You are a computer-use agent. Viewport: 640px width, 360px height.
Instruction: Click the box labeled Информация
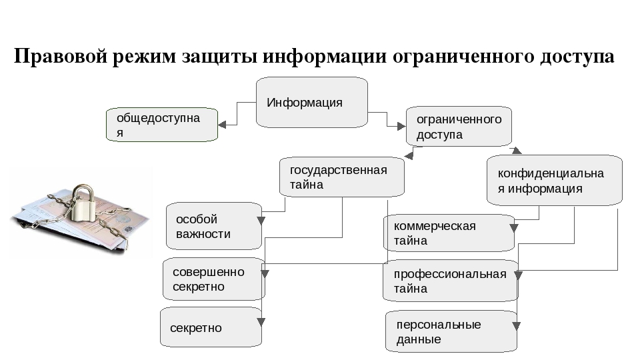pyautogui.click(x=311, y=102)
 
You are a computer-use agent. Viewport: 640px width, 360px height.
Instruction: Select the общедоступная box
pyautogui.click(x=162, y=125)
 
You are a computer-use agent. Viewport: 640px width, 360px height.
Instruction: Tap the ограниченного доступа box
pyautogui.click(x=459, y=126)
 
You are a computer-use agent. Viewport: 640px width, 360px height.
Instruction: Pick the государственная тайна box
pyautogui.click(x=342, y=177)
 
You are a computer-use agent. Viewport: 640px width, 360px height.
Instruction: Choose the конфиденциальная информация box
pyautogui.click(x=554, y=181)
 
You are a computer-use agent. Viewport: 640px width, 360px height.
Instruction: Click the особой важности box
pyautogui.click(x=213, y=226)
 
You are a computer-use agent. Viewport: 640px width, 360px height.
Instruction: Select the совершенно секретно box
pyautogui.click(x=213, y=279)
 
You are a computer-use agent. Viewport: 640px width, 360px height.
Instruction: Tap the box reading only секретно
pyautogui.click(x=210, y=327)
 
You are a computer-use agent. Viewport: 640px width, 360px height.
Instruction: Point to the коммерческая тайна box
pyautogui.click(x=449, y=233)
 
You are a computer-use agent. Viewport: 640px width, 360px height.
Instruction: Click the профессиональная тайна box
pyautogui.click(x=450, y=281)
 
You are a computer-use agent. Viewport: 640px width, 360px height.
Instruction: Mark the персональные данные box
pyautogui.click(x=451, y=331)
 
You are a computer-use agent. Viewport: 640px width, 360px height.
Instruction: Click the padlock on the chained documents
pyautogui.click(x=84, y=203)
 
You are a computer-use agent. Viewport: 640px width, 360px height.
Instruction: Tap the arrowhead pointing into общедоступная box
pyautogui.click(x=223, y=124)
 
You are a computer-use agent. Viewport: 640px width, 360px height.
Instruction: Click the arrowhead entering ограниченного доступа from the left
pyautogui.click(x=401, y=125)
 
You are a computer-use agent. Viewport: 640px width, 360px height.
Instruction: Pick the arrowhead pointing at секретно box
pyautogui.click(x=261, y=323)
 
